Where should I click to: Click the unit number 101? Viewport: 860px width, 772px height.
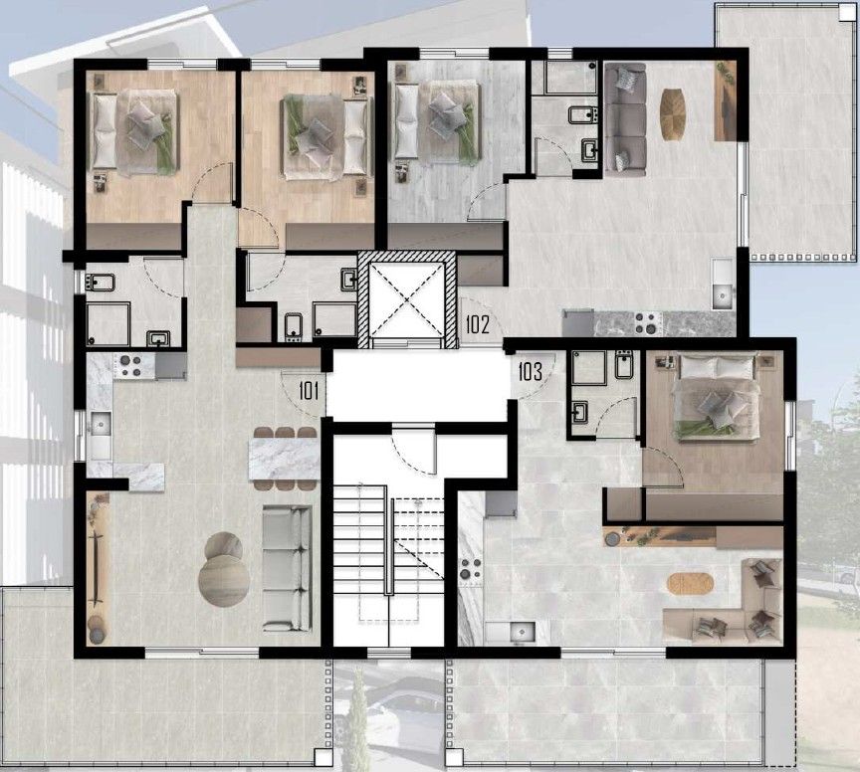click(308, 390)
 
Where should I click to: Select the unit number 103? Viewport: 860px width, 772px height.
click(530, 373)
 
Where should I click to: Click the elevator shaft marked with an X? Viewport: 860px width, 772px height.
click(406, 298)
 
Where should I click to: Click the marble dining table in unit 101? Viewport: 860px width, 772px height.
click(285, 459)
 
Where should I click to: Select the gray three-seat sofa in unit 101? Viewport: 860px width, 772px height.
click(287, 568)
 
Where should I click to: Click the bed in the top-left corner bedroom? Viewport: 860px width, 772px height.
click(134, 130)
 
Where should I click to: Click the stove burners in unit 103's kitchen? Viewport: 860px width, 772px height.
click(470, 571)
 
